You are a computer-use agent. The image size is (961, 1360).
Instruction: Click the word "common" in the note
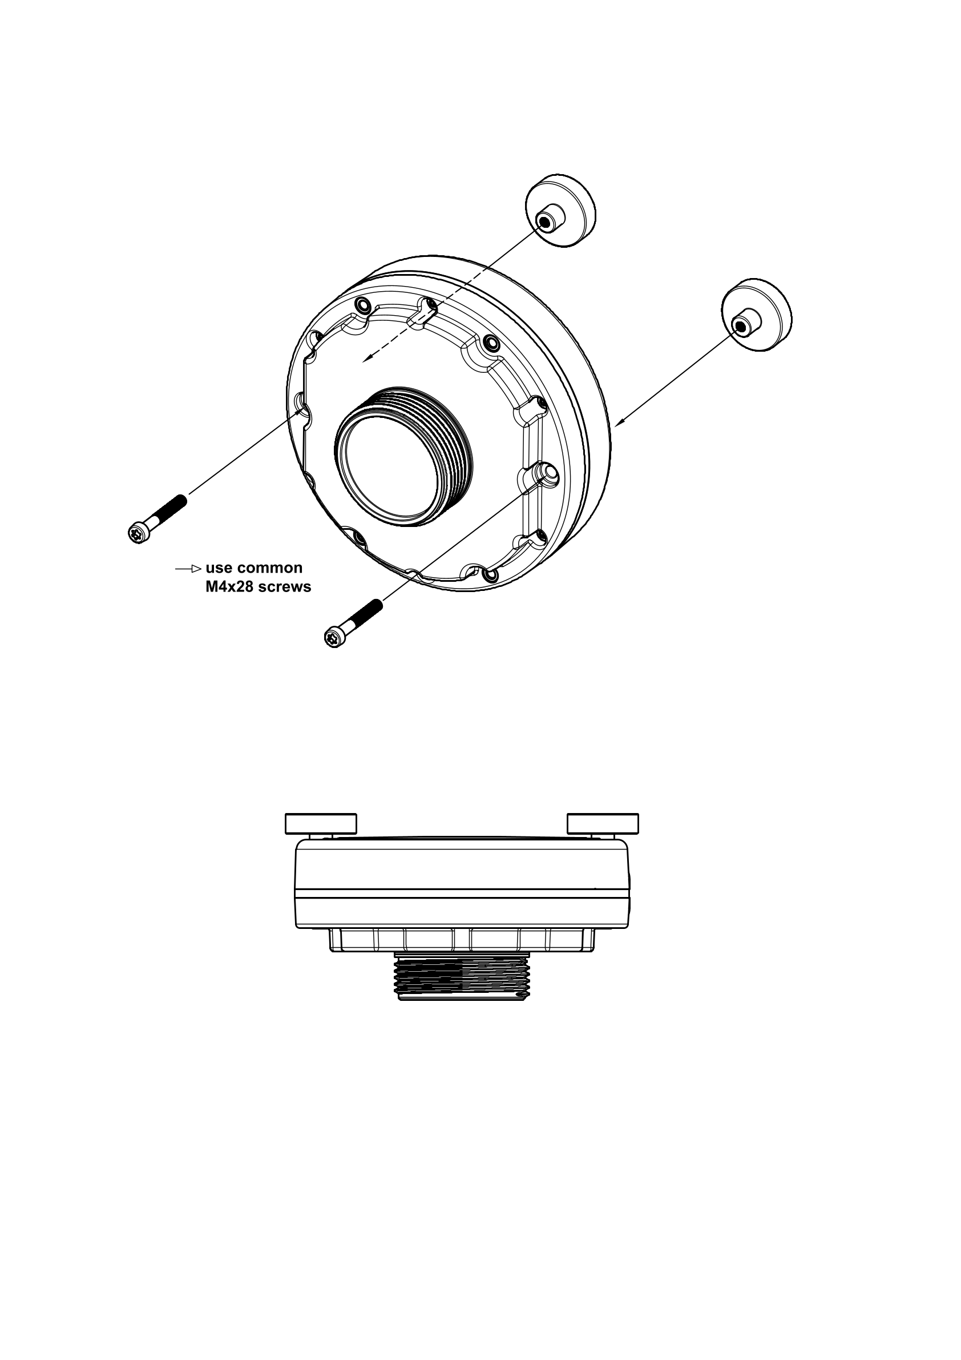269,568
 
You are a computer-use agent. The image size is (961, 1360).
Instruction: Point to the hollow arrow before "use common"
188,569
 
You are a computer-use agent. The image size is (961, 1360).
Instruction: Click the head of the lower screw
334,637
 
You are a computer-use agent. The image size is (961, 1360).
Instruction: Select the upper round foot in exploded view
561,210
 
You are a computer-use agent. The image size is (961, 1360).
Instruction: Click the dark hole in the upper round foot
544,222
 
